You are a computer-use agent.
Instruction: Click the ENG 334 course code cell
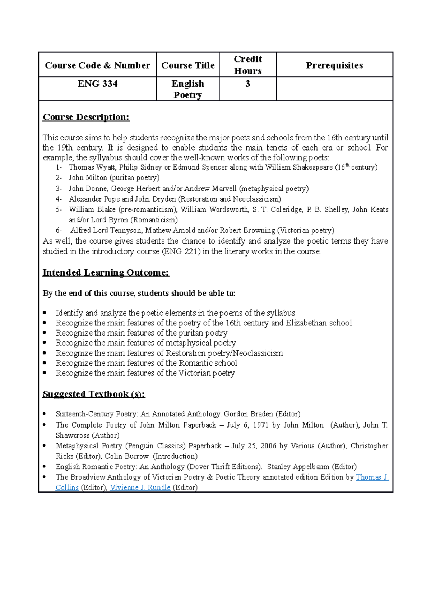pos(97,84)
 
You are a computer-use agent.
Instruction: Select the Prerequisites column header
pos(334,65)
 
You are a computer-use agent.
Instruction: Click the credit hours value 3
pos(247,84)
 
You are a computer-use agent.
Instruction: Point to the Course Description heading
pos(86,117)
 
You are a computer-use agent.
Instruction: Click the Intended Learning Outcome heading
pos(106,272)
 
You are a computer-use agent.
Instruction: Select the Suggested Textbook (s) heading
pos(94,394)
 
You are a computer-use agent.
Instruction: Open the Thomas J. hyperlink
pos(372,477)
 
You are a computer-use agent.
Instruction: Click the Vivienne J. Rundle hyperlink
pos(140,487)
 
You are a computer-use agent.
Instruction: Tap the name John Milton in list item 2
pos(88,178)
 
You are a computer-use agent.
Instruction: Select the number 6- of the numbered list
pos(59,230)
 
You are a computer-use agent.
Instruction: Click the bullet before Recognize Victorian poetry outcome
pos(45,373)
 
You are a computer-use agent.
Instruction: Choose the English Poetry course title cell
pos(187,89)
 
